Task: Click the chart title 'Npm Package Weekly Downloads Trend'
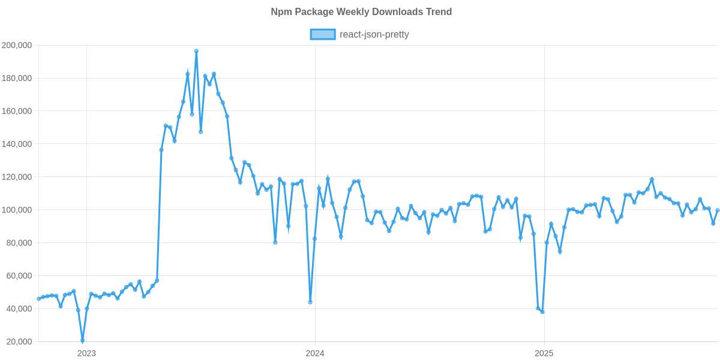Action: tap(361, 12)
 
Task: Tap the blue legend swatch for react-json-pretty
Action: tap(322, 35)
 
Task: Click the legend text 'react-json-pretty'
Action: tap(374, 35)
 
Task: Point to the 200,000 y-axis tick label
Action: tap(17, 45)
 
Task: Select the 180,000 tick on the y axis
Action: tap(17, 78)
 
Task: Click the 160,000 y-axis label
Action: tap(17, 111)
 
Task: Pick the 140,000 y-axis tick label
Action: tap(17, 144)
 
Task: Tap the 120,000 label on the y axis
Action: tap(17, 177)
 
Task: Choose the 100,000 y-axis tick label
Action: tap(17, 210)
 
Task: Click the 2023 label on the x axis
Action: tap(86, 353)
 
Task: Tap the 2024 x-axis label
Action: tap(315, 353)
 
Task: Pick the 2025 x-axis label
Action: tap(544, 353)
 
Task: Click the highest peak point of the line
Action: tap(196, 51)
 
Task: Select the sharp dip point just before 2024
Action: tap(310, 302)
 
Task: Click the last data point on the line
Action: tap(718, 210)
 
